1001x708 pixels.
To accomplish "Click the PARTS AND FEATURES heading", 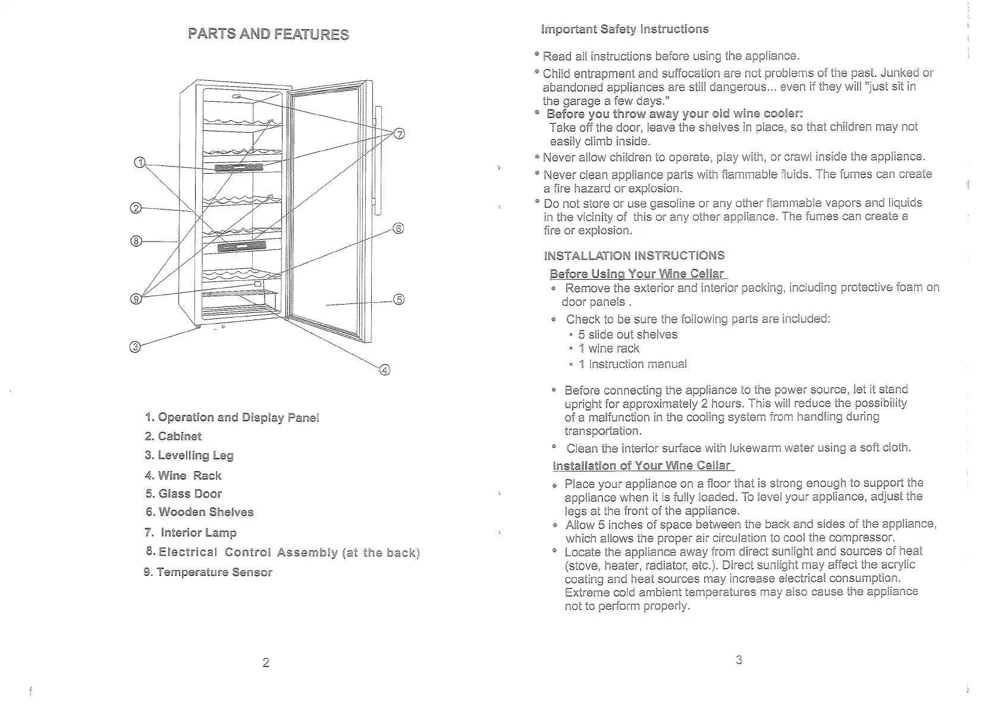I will point(268,34).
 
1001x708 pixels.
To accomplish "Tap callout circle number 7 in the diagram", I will point(400,133).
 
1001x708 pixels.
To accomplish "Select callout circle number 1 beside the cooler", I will point(139,162).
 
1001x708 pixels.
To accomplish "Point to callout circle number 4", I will point(384,371).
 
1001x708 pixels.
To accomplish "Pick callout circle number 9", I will point(136,299).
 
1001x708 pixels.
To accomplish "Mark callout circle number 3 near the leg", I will point(135,347).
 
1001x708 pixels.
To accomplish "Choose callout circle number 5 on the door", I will point(399,299).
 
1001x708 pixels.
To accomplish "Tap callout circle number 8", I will point(136,241).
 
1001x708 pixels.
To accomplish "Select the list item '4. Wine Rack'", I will point(183,475).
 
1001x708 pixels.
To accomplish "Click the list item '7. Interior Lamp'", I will point(190,532).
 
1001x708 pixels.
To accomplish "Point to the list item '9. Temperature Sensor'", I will point(208,572).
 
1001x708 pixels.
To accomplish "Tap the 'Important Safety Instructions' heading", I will point(625,29).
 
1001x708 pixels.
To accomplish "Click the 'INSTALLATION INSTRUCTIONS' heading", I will point(634,256).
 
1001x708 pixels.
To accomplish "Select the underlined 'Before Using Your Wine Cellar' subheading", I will point(637,274).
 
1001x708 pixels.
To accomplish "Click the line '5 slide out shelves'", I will point(627,334).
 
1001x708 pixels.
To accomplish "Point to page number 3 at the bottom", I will point(739,660).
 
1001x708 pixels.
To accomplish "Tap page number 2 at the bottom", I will point(266,663).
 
